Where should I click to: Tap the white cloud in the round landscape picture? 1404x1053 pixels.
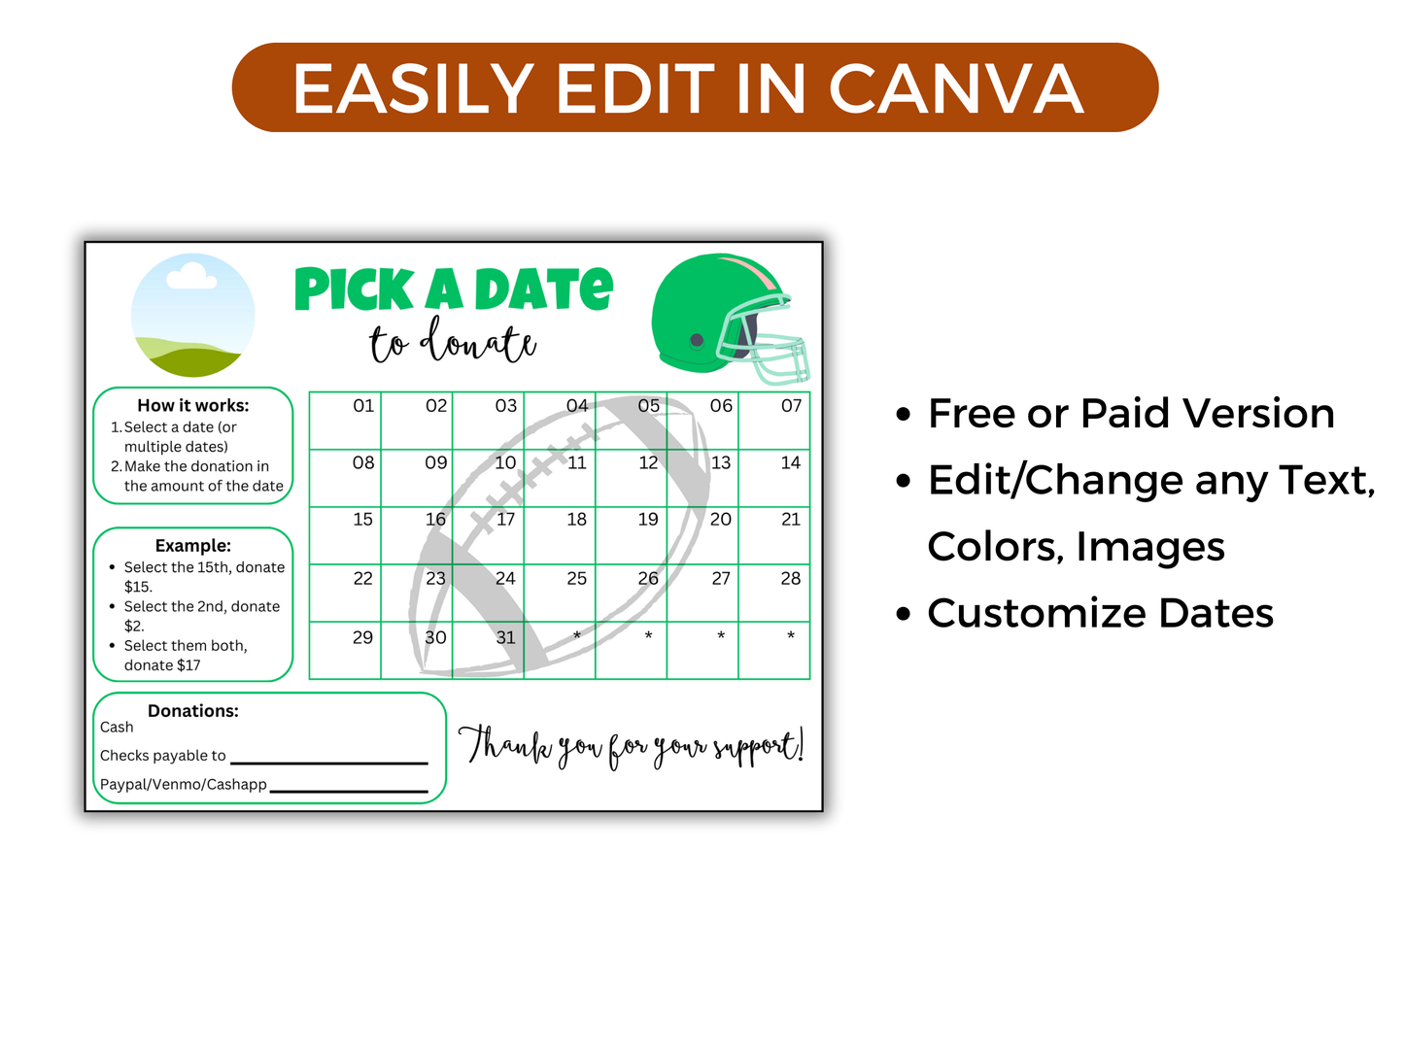(190, 277)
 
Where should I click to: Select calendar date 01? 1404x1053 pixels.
(363, 406)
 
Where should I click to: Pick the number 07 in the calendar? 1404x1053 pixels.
(791, 406)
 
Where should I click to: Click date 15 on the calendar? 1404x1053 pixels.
(362, 520)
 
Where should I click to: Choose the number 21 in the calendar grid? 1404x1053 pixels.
(791, 520)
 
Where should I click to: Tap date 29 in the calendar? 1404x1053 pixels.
(362, 637)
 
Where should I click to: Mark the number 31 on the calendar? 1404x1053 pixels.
(505, 637)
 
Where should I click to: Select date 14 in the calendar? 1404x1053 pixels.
(791, 463)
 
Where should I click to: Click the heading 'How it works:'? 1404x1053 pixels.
(192, 405)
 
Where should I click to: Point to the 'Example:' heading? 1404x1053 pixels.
(192, 545)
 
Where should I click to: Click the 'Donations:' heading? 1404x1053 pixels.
(192, 710)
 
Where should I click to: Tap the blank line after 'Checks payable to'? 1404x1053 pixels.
(329, 761)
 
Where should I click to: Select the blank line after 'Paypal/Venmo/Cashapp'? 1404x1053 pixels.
(349, 789)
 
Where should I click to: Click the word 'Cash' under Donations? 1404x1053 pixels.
(117, 727)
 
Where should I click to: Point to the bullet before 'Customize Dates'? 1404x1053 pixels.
(904, 615)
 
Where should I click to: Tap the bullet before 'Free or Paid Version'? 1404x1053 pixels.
(904, 415)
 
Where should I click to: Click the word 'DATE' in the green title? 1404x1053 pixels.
(543, 289)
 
